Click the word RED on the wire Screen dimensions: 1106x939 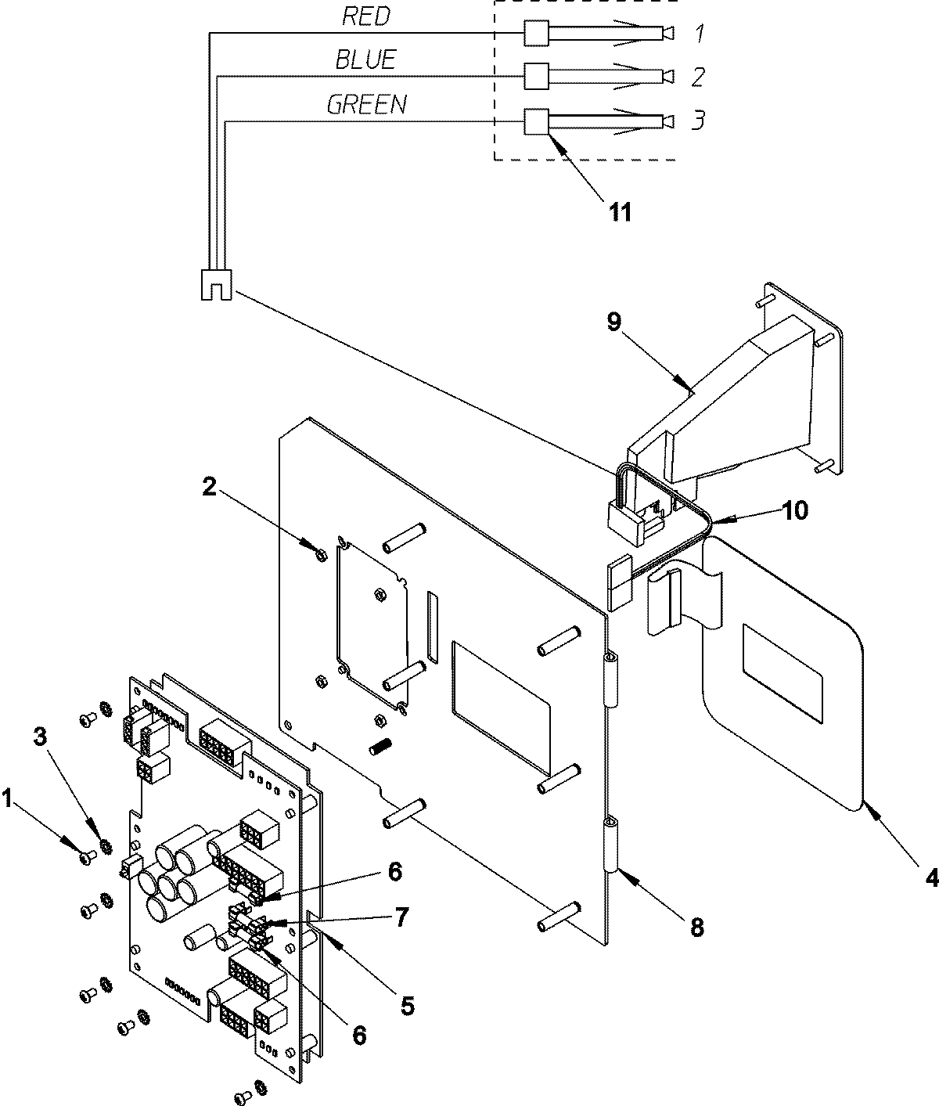tap(366, 16)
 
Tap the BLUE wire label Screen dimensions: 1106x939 tap(365, 59)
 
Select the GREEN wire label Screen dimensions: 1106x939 tap(366, 105)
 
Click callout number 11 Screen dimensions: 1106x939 tap(620, 211)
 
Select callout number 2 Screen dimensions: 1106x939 tap(207, 487)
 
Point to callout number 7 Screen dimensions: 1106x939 tap(400, 917)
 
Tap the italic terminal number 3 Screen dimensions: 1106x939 tap(699, 121)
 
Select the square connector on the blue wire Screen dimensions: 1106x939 tap(535, 76)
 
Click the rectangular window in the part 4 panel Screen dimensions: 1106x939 tap(782, 672)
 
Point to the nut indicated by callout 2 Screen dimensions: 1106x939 tap(319, 556)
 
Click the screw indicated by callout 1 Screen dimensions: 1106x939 tap(86, 859)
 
